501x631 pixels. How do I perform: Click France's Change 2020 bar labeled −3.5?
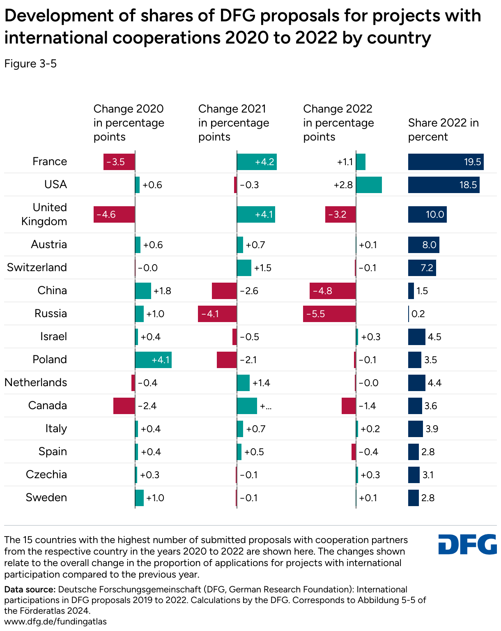pos(119,162)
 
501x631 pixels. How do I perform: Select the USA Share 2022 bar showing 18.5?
pos(444,185)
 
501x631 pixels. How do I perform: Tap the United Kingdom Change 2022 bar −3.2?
pos(340,214)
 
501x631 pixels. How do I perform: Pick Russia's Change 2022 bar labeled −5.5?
pos(329,314)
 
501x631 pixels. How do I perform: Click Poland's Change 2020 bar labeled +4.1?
pos(153,360)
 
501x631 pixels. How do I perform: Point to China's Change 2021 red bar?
pos(224,291)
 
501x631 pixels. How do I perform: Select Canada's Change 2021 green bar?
pos(247,406)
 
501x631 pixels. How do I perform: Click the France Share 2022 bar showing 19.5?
pos(446,162)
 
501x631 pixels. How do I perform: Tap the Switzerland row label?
pos(37,267)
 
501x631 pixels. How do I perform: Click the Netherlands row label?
pos(36,382)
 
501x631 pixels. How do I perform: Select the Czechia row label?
pos(46,474)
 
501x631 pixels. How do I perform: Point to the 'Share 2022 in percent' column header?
pos(444,130)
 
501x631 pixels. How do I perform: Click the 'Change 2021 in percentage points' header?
pos(234,123)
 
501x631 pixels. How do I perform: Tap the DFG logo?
pos(467,544)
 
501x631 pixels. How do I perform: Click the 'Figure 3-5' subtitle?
pos(30,64)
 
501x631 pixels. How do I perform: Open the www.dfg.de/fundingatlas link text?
pos(55,622)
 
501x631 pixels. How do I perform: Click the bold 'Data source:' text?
pos(30,590)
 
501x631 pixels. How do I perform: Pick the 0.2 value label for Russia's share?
pos(418,314)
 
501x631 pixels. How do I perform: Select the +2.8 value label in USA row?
pos(343,185)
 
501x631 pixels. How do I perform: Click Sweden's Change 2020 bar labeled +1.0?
pos(139,498)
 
